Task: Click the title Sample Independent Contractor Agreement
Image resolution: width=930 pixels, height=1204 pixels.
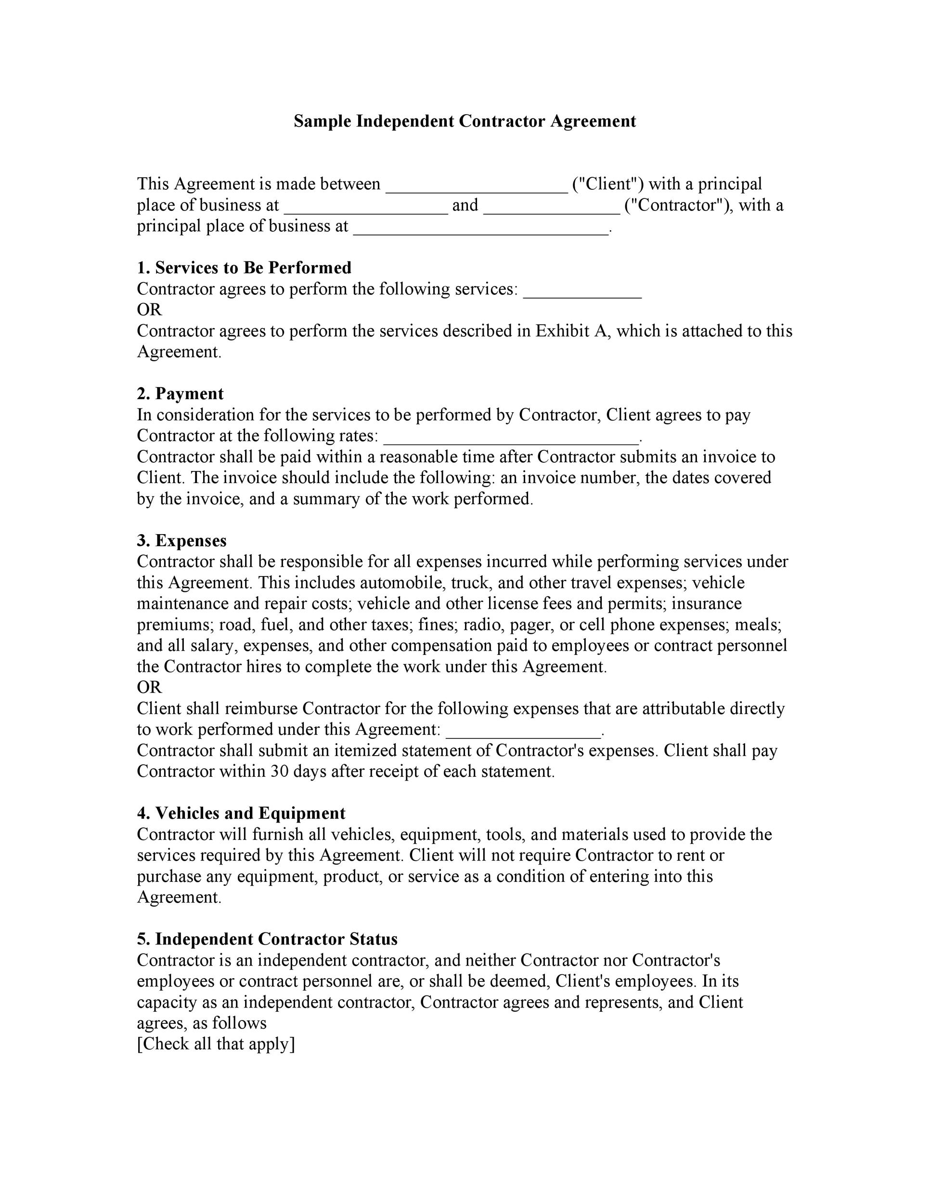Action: point(465,121)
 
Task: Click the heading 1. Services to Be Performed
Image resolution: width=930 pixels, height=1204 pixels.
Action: point(244,267)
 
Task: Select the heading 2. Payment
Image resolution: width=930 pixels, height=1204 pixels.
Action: point(180,393)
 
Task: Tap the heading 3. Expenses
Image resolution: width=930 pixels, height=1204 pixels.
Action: point(181,540)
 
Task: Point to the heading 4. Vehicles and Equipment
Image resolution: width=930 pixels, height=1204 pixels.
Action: point(241,813)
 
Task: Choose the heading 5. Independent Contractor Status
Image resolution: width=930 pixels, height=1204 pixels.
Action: point(267,939)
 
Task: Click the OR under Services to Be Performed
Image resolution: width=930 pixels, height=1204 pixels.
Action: point(149,310)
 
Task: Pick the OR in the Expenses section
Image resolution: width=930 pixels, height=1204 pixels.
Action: point(149,687)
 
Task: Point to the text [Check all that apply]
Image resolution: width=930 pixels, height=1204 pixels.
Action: point(216,1044)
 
